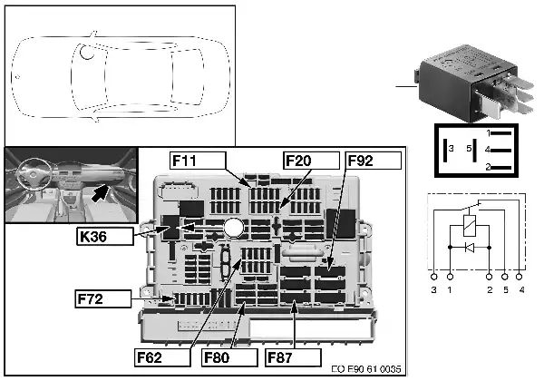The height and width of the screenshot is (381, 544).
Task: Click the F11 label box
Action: (198, 161)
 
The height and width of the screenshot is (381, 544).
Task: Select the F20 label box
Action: (311, 161)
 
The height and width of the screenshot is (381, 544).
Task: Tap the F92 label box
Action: (374, 161)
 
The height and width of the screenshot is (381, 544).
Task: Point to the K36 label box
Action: (105, 237)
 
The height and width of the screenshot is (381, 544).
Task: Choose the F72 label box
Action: (103, 298)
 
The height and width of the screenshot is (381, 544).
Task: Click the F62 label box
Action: (162, 357)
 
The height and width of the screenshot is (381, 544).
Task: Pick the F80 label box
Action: (229, 357)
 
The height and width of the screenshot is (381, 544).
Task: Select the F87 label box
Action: (293, 357)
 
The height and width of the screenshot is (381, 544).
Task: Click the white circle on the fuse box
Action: (234, 228)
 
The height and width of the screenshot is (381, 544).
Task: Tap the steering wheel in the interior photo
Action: (33, 174)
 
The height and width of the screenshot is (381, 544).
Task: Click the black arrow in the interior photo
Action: (101, 193)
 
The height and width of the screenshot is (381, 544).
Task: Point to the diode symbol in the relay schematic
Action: (470, 248)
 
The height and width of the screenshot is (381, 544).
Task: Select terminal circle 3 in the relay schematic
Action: (433, 277)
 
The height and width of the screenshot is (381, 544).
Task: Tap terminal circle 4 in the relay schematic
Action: (519, 277)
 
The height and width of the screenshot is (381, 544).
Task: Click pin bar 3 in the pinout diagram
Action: (445, 150)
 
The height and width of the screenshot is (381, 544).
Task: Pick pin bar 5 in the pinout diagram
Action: (474, 150)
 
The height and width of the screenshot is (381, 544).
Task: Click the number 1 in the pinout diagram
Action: (488, 133)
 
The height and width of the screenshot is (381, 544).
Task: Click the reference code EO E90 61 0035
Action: (366, 369)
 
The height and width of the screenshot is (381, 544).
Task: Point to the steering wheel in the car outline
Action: (87, 52)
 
